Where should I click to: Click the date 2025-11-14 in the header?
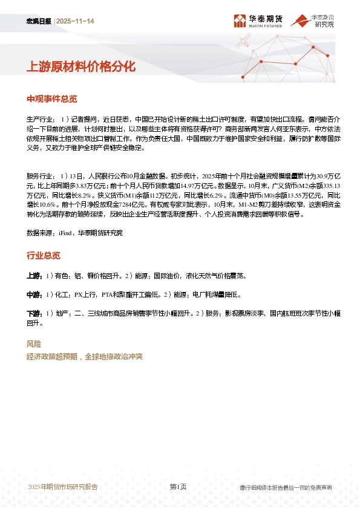[x=76, y=22]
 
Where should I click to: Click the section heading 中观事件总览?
[x=52, y=99]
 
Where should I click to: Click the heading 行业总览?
[x=43, y=256]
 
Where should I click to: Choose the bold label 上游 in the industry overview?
[x=34, y=276]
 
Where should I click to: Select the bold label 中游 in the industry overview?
[x=34, y=295]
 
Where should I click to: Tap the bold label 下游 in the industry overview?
[x=34, y=314]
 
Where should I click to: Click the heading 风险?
[x=34, y=344]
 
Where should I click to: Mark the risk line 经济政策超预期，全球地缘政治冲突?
[x=85, y=357]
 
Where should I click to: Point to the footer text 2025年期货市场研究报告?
[x=63, y=487]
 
